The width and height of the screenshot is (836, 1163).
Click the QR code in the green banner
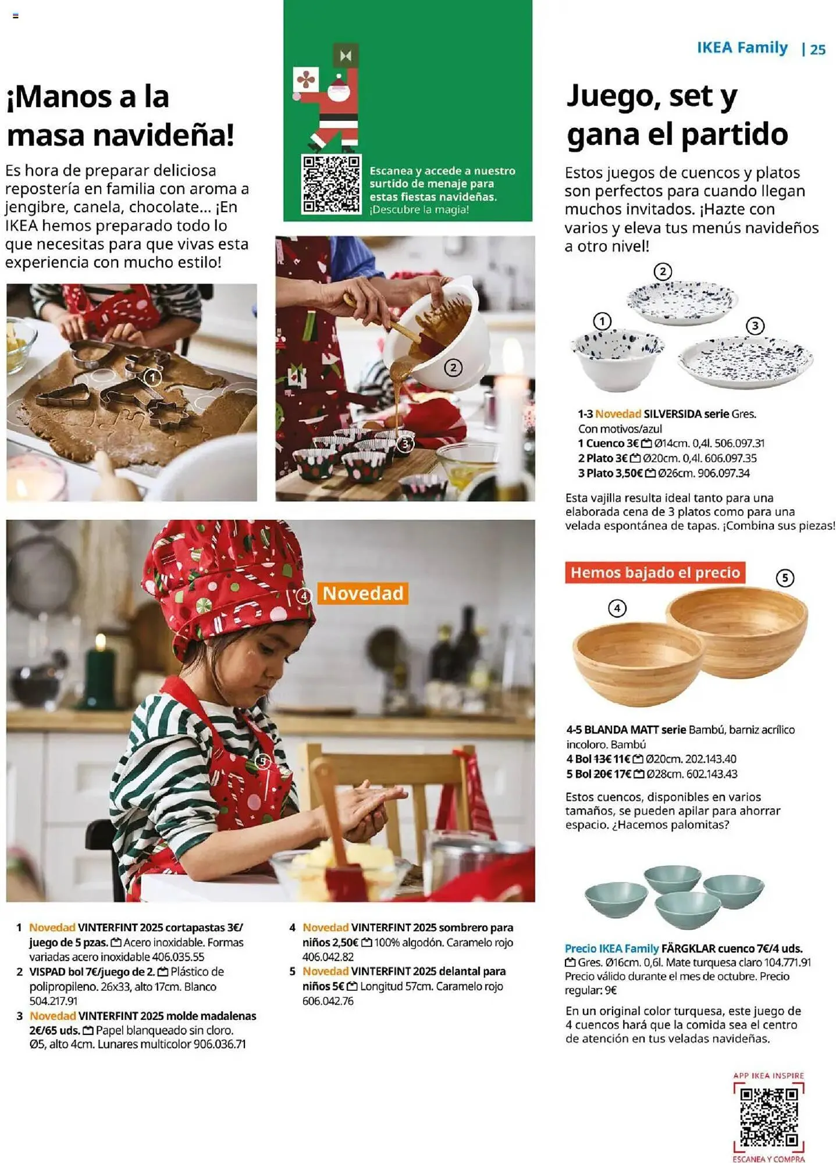pyautogui.click(x=331, y=184)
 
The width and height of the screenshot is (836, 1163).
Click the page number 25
pyautogui.click(x=817, y=49)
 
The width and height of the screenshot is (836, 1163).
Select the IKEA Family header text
pyautogui.click(x=742, y=48)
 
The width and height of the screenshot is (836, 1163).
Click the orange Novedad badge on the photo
pyautogui.click(x=363, y=593)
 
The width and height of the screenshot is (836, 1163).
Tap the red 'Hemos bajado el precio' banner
pyautogui.click(x=655, y=573)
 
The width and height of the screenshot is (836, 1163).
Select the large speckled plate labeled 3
pyautogui.click(x=745, y=361)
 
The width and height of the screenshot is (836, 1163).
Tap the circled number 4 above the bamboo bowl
pyautogui.click(x=617, y=608)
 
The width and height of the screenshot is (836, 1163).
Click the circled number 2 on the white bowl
pyautogui.click(x=453, y=368)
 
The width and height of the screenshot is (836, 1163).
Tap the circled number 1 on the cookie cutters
pyautogui.click(x=152, y=378)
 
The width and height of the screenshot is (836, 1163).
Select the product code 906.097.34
pyautogui.click(x=723, y=473)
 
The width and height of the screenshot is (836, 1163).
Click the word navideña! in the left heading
pyautogui.click(x=164, y=135)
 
